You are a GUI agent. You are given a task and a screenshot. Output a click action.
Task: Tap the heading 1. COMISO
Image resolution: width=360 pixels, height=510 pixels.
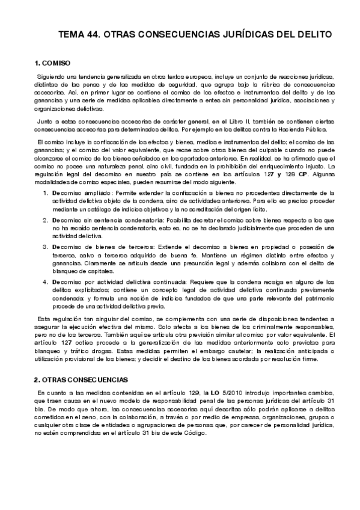(x=53, y=63)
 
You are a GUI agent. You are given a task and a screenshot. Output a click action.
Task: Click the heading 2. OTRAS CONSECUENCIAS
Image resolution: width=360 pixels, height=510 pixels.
(x=80, y=379)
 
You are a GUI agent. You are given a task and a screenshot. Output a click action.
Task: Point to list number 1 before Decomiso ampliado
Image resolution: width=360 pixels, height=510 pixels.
(x=46, y=192)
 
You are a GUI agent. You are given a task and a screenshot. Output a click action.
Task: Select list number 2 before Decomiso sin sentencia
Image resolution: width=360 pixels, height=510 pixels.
(x=46, y=220)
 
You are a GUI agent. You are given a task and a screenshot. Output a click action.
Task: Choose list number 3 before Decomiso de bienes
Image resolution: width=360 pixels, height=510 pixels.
(x=46, y=247)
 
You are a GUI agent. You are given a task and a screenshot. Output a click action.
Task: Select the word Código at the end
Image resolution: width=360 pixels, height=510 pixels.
(x=193, y=433)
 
